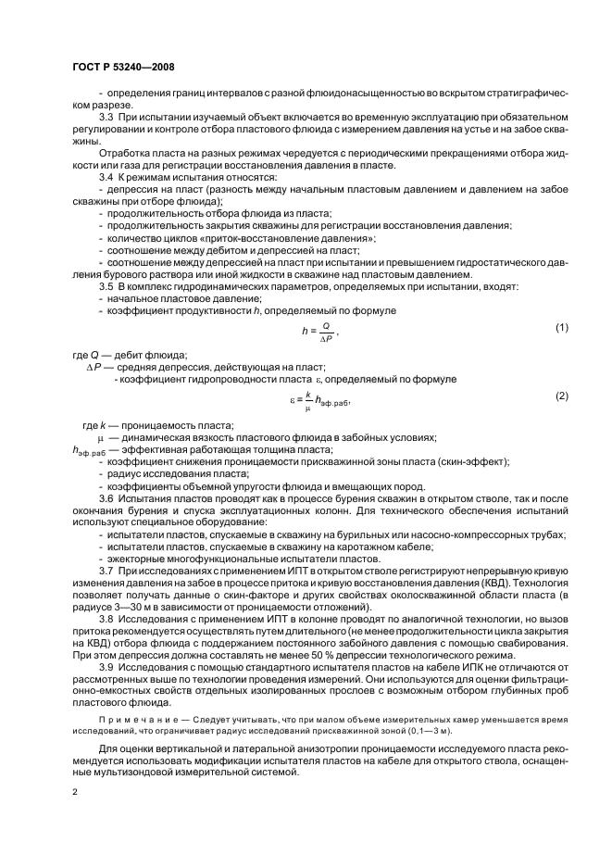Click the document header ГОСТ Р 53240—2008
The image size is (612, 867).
(x=122, y=67)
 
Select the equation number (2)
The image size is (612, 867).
(x=560, y=396)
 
